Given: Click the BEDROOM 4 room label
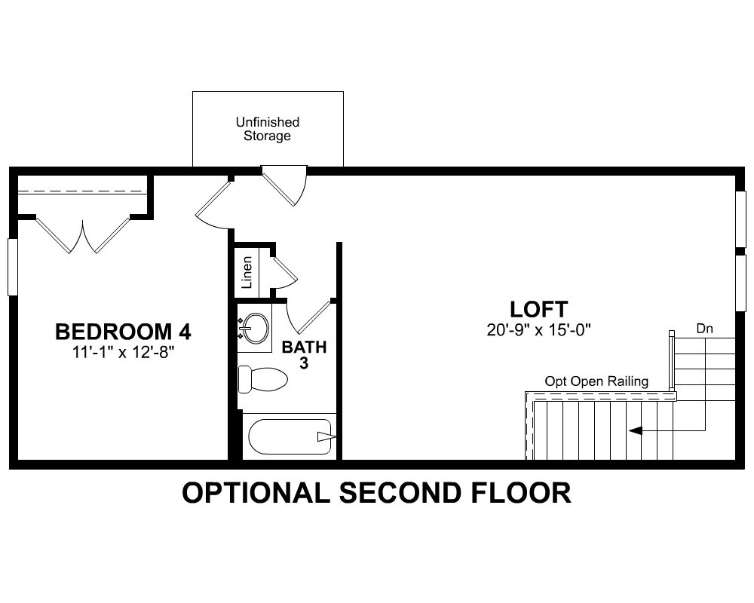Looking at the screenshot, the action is [123, 332].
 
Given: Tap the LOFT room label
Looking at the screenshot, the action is [538, 309].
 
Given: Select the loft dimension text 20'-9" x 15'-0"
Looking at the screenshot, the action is [538, 330].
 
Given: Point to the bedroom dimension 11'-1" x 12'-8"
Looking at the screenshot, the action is [123, 353].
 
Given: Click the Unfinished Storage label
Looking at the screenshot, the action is [268, 129].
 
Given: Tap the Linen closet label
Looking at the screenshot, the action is [247, 273].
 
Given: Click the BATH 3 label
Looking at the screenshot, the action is [304, 355].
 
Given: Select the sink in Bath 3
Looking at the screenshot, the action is [254, 328].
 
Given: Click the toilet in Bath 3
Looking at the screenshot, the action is [262, 379].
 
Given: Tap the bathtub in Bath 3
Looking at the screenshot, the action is [290, 436].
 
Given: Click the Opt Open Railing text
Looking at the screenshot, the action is [596, 382].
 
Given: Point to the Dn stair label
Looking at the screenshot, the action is [704, 329].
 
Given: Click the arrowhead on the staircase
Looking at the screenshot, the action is [635, 431].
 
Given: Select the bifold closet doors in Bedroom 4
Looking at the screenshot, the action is [83, 236].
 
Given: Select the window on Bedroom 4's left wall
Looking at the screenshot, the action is [13, 267].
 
